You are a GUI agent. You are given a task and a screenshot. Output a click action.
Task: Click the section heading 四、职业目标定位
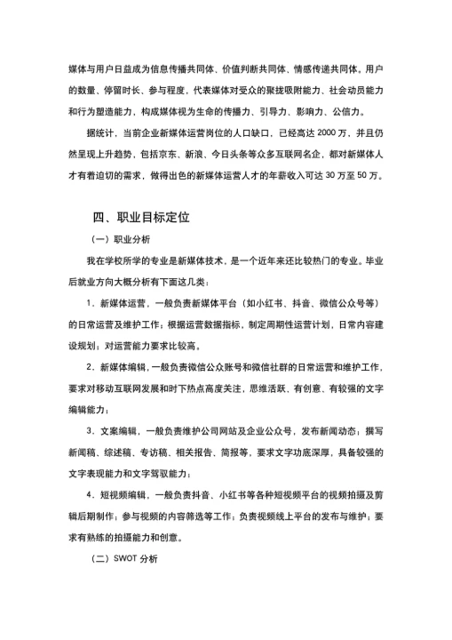[141, 217]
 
